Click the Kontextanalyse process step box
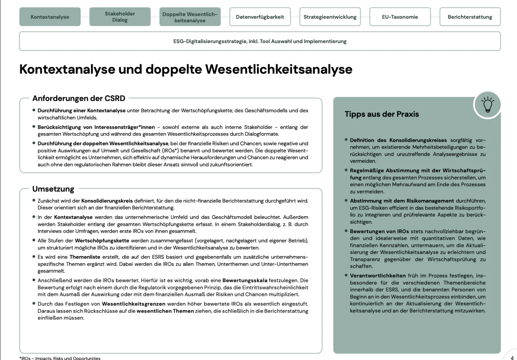tap(50, 17)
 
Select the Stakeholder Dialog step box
tap(120, 17)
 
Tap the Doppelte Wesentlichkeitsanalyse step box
tap(190, 17)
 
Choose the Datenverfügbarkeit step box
tap(260, 17)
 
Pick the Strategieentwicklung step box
tap(330, 17)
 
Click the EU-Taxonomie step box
tap(400, 17)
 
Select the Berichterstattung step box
tap(470, 17)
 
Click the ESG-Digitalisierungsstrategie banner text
tap(260, 41)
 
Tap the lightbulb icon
tap(487, 105)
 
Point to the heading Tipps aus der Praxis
tap(382, 114)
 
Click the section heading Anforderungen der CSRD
tap(79, 98)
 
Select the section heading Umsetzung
tap(53, 189)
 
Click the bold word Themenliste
tap(85, 257)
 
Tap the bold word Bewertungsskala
tap(245, 281)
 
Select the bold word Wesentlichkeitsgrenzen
tap(133, 304)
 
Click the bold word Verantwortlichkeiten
tap(378, 276)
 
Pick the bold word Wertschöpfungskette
tap(102, 241)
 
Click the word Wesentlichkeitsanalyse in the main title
tap(278, 69)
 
